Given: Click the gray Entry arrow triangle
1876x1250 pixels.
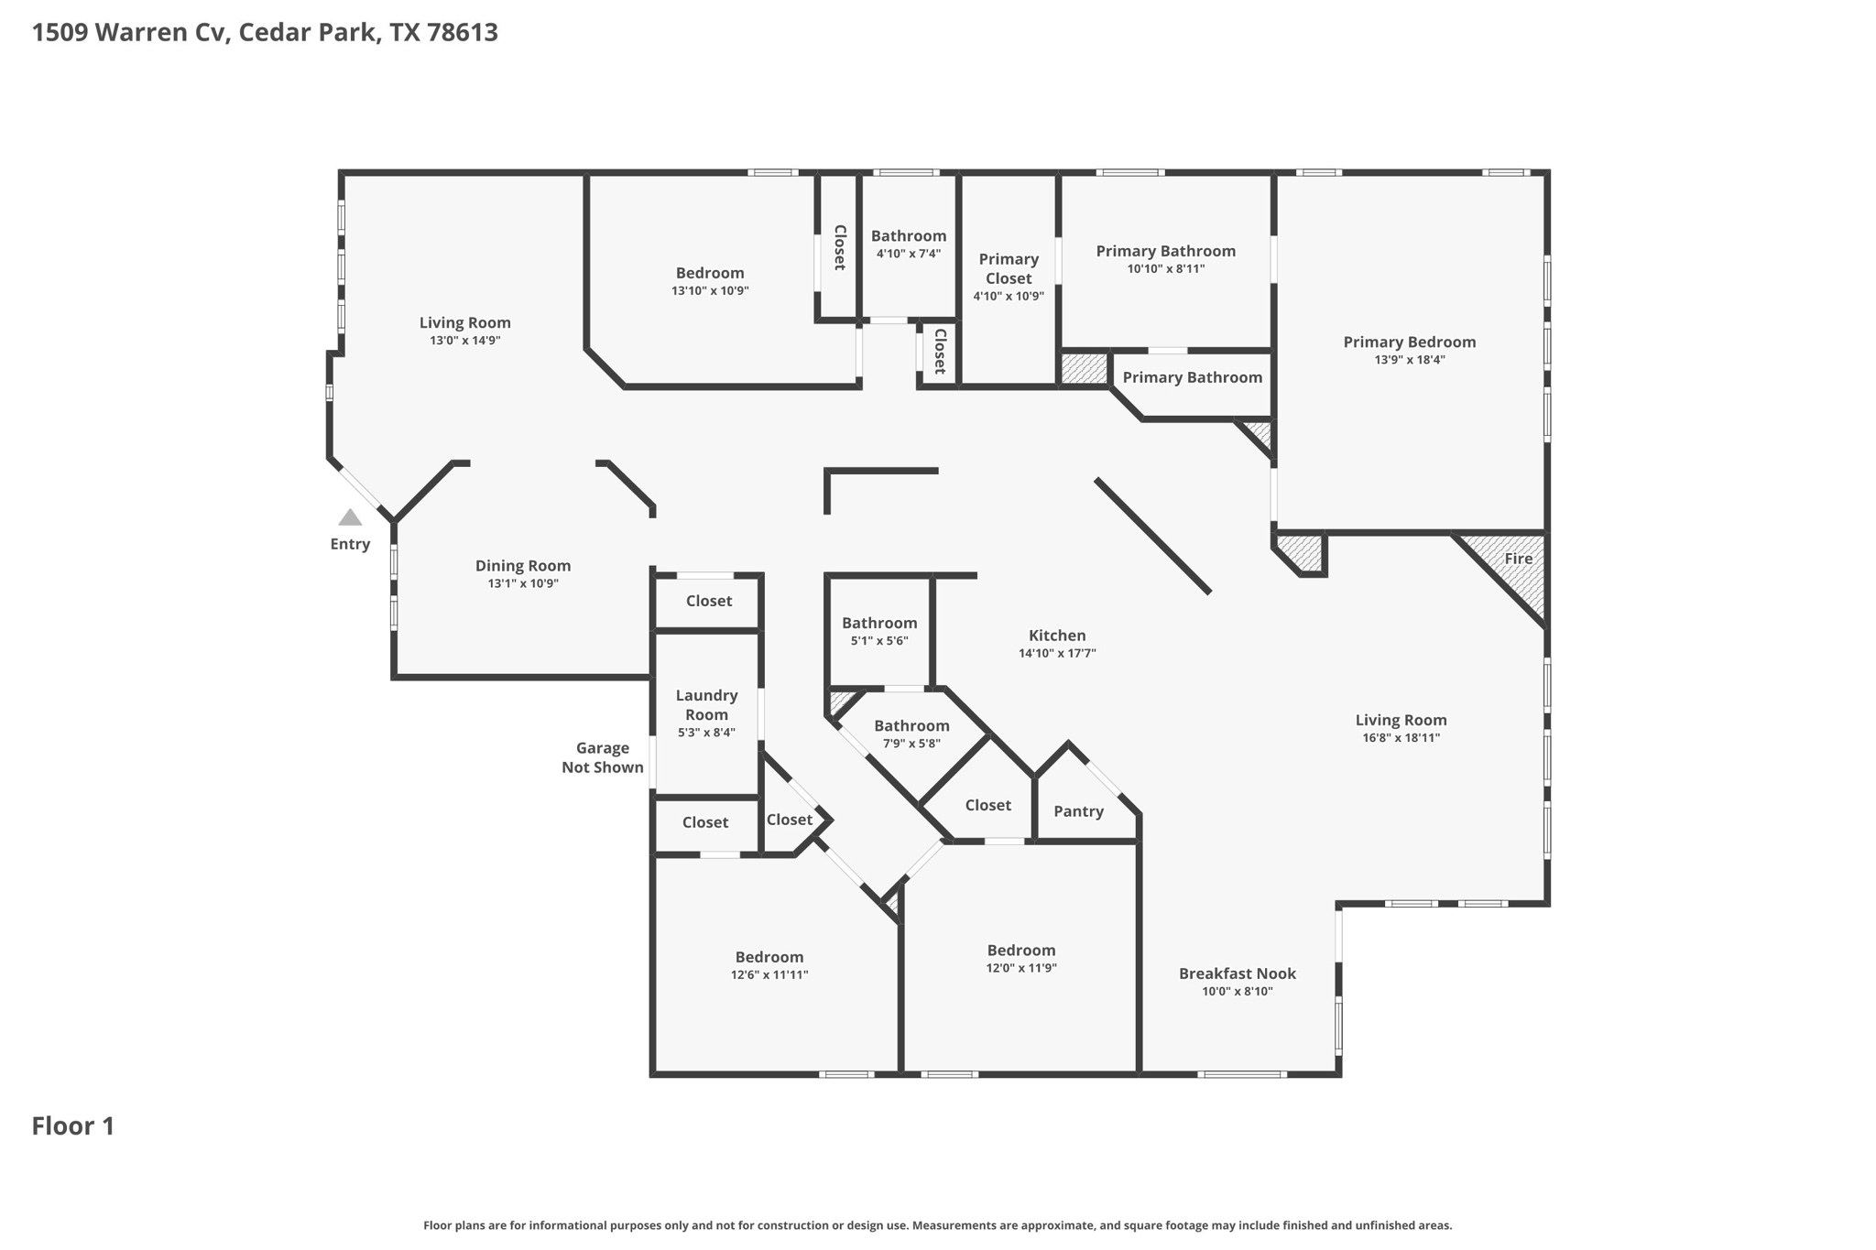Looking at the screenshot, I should (350, 518).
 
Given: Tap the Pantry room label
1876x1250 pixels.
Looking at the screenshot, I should (1078, 811).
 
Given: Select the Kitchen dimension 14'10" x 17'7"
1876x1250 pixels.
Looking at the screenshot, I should (1057, 654).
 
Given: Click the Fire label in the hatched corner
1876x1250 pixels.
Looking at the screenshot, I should (1518, 559).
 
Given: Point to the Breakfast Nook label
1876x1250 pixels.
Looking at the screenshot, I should (1237, 973).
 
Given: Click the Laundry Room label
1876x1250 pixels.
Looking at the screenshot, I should (706, 705).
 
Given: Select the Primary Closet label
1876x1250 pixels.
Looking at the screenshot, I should (1009, 268).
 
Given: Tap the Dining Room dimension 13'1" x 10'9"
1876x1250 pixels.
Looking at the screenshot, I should (523, 584).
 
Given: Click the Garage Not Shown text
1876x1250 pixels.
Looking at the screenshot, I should (603, 757).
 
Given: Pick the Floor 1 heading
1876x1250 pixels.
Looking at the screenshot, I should (73, 1126).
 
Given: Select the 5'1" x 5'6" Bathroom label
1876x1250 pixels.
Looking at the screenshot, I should (879, 624).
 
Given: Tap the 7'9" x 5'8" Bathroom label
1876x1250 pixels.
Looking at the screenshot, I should (911, 726).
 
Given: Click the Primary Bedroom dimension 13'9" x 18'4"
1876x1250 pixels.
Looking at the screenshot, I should (1409, 361).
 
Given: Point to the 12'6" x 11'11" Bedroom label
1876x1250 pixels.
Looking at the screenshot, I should (769, 957).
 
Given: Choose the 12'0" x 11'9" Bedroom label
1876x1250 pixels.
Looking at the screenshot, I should (1021, 951).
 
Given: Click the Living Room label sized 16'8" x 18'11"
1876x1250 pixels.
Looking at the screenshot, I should (1401, 721).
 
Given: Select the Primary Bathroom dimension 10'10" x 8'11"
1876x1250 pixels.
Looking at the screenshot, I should (1165, 269).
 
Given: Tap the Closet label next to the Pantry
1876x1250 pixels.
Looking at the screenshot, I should (987, 805).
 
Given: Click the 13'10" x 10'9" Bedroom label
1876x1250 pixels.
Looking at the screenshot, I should (710, 273).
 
